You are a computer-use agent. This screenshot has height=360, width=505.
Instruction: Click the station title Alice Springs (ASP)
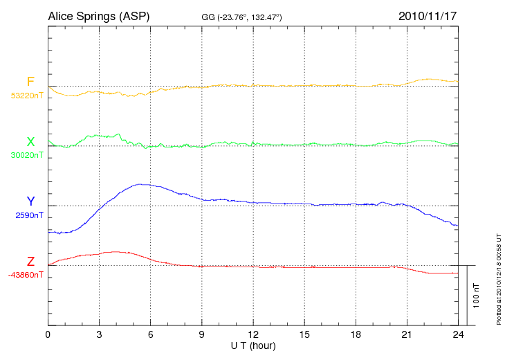coord(98,16)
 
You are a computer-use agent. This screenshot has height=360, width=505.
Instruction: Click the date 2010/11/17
coord(428,16)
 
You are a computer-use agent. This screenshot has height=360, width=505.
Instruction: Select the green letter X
coord(30,142)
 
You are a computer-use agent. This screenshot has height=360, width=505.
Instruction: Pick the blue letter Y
coord(30,201)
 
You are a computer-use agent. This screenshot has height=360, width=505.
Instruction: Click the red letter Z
coord(30,262)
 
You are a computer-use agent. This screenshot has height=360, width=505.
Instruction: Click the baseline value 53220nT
coord(27,96)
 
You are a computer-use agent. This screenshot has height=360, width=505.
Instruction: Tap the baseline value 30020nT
coord(27,155)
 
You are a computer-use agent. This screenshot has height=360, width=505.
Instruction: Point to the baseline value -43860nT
coord(26,275)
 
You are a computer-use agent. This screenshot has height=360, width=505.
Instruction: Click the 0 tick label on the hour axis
coord(48,335)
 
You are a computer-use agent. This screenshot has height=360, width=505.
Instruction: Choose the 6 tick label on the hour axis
coord(151,335)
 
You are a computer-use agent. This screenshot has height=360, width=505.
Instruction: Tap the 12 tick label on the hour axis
coord(253,335)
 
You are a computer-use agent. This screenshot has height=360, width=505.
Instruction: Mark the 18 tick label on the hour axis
coord(356,335)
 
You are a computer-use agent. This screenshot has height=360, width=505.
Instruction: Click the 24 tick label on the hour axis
coord(458,335)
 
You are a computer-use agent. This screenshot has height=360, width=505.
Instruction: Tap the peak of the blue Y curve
coord(142,184)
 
